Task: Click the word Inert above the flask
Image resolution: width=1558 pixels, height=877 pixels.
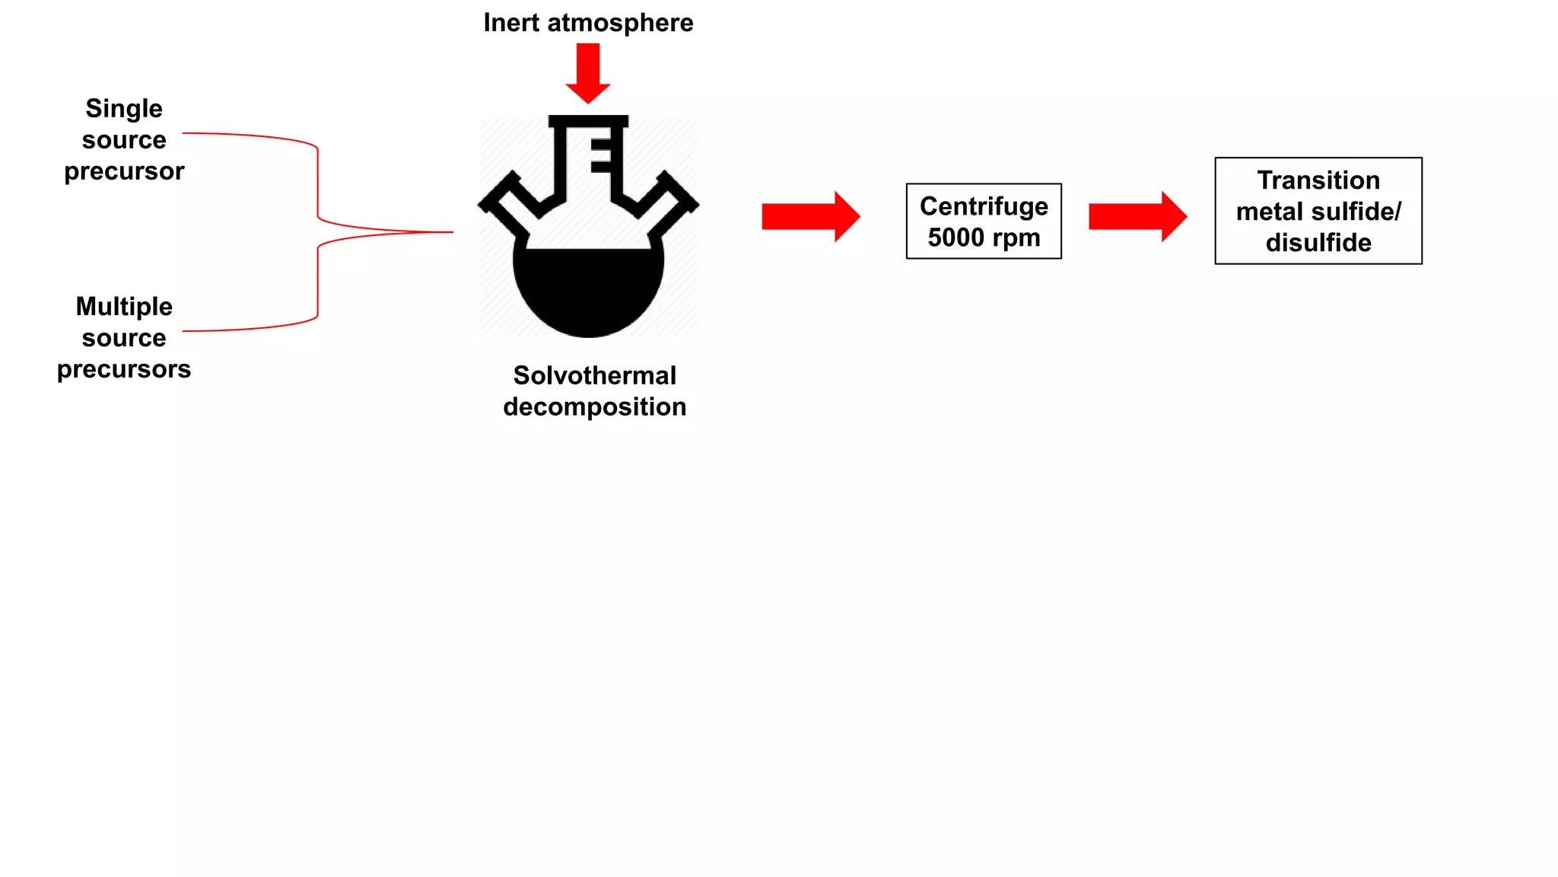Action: click(511, 23)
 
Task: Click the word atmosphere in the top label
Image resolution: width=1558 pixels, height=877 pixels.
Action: click(620, 23)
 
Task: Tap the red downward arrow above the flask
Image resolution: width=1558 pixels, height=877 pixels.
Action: click(588, 72)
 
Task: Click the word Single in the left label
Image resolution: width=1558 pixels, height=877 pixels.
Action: click(124, 109)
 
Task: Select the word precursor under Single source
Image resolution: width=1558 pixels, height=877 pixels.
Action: click(124, 171)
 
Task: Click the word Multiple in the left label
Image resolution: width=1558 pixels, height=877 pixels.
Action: click(124, 307)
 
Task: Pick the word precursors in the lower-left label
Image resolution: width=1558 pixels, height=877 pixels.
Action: click(124, 369)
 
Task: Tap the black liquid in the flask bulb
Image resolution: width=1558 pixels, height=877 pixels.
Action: click(588, 293)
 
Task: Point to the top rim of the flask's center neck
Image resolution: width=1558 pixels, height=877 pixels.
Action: click(588, 120)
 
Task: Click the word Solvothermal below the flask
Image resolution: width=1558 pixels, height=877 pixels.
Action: click(594, 375)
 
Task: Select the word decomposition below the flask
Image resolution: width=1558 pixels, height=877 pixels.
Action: click(594, 407)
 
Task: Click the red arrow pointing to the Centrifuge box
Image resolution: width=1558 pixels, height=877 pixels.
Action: click(810, 217)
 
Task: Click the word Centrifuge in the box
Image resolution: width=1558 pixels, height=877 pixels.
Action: click(984, 206)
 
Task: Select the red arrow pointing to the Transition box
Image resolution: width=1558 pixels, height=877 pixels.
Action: click(1137, 217)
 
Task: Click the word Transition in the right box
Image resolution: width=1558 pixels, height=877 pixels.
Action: click(1318, 180)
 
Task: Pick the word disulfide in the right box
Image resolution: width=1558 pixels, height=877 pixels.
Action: click(1318, 243)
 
